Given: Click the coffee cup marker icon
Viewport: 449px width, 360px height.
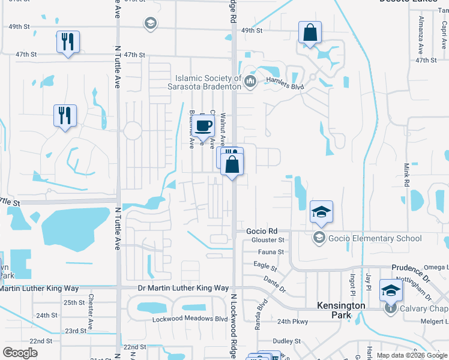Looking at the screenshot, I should pos(204,125).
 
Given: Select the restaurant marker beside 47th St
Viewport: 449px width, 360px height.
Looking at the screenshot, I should pos(67,41).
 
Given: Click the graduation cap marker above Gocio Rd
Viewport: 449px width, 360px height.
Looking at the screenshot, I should pos(321,212).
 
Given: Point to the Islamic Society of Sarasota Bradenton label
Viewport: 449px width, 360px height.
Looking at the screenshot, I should pos(208,82).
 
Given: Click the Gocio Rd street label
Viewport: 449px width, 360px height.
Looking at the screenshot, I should pos(262,231).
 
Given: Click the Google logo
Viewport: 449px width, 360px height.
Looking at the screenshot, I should pos(20,353).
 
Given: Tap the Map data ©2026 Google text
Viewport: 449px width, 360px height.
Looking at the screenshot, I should pos(411,355).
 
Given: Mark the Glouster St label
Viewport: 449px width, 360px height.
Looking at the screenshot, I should pos(268,240).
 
